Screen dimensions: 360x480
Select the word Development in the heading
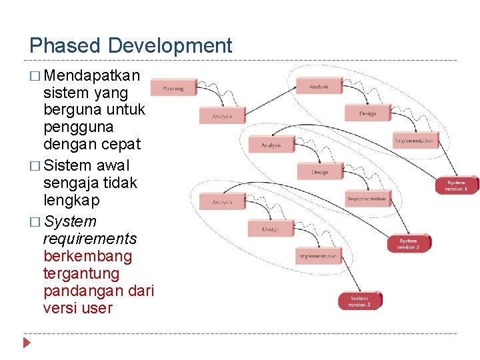170,46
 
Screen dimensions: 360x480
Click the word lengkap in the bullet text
71,200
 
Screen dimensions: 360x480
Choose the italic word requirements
89,239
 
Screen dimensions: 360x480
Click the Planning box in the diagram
173,87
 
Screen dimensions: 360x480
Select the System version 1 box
457,185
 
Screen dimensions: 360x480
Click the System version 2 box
409,244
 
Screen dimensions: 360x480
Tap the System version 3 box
359,301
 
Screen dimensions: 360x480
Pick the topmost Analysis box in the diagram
318,87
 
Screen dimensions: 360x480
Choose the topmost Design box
367,114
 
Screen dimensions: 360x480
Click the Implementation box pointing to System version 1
414,141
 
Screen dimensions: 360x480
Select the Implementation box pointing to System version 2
367,199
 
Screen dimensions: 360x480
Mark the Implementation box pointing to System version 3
318,256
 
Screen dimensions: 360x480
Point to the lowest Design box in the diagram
270,229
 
